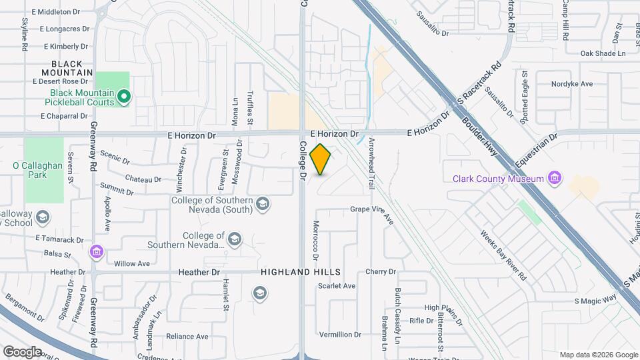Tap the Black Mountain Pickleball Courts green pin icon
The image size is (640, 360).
tap(123, 97)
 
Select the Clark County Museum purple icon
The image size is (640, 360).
tap(553, 178)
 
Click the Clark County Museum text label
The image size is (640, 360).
tap(499, 178)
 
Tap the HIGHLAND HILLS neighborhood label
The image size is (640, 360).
tap(301, 272)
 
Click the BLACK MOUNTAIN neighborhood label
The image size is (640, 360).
tap(67, 68)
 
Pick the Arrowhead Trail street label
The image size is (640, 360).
tap(372, 160)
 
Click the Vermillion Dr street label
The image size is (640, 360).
tap(340, 335)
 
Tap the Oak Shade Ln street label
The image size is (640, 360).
tap(603, 53)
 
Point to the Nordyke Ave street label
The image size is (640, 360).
tap(572, 84)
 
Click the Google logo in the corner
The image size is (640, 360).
tap(22, 351)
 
